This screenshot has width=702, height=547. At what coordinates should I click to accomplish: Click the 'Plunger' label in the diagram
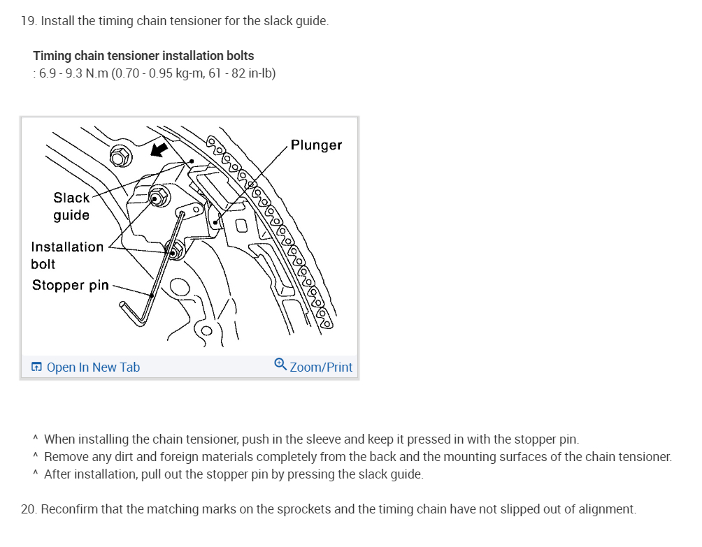[316, 145]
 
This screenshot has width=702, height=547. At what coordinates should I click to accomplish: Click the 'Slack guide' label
[71, 206]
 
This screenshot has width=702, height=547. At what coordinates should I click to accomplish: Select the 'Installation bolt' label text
[66, 255]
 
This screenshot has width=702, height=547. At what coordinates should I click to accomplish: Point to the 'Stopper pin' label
[70, 285]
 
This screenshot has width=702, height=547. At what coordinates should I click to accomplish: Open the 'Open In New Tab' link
[93, 367]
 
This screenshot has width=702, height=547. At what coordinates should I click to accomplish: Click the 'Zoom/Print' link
[321, 367]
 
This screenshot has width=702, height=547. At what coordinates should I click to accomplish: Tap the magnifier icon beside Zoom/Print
[280, 365]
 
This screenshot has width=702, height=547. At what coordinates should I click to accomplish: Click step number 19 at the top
[28, 21]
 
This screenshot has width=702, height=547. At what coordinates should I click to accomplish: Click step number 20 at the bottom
[28, 509]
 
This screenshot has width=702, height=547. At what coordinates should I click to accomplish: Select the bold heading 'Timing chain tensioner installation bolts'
[143, 56]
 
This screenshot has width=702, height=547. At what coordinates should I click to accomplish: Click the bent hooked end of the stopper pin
[133, 312]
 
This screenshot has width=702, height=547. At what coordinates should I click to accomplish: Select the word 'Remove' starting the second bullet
[63, 457]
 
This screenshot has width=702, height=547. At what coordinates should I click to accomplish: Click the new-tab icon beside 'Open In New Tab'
[37, 367]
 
